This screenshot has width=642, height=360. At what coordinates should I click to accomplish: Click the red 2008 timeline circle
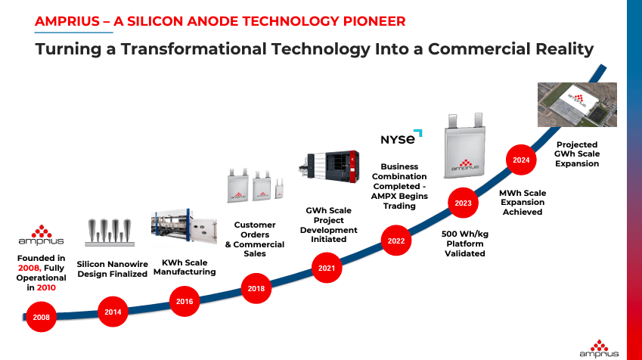tap(42, 317)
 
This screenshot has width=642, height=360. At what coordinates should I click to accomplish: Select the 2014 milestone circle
tap(113, 311)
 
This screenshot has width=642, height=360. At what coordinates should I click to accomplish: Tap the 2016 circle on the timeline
tap(185, 301)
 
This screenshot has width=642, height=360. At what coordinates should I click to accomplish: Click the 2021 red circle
tap(327, 268)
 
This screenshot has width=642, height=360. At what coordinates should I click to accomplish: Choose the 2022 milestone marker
tap(396, 241)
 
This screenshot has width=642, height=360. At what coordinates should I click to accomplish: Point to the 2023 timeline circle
tap(463, 203)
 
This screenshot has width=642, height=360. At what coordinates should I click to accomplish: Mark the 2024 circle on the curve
tap(521, 160)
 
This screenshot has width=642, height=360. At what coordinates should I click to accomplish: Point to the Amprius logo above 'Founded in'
tap(41, 235)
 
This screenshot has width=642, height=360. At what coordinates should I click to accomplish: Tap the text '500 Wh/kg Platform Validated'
tap(464, 244)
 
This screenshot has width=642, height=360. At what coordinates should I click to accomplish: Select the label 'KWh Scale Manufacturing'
tap(185, 267)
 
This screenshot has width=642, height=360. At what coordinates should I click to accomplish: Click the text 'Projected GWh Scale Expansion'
tap(577, 154)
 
